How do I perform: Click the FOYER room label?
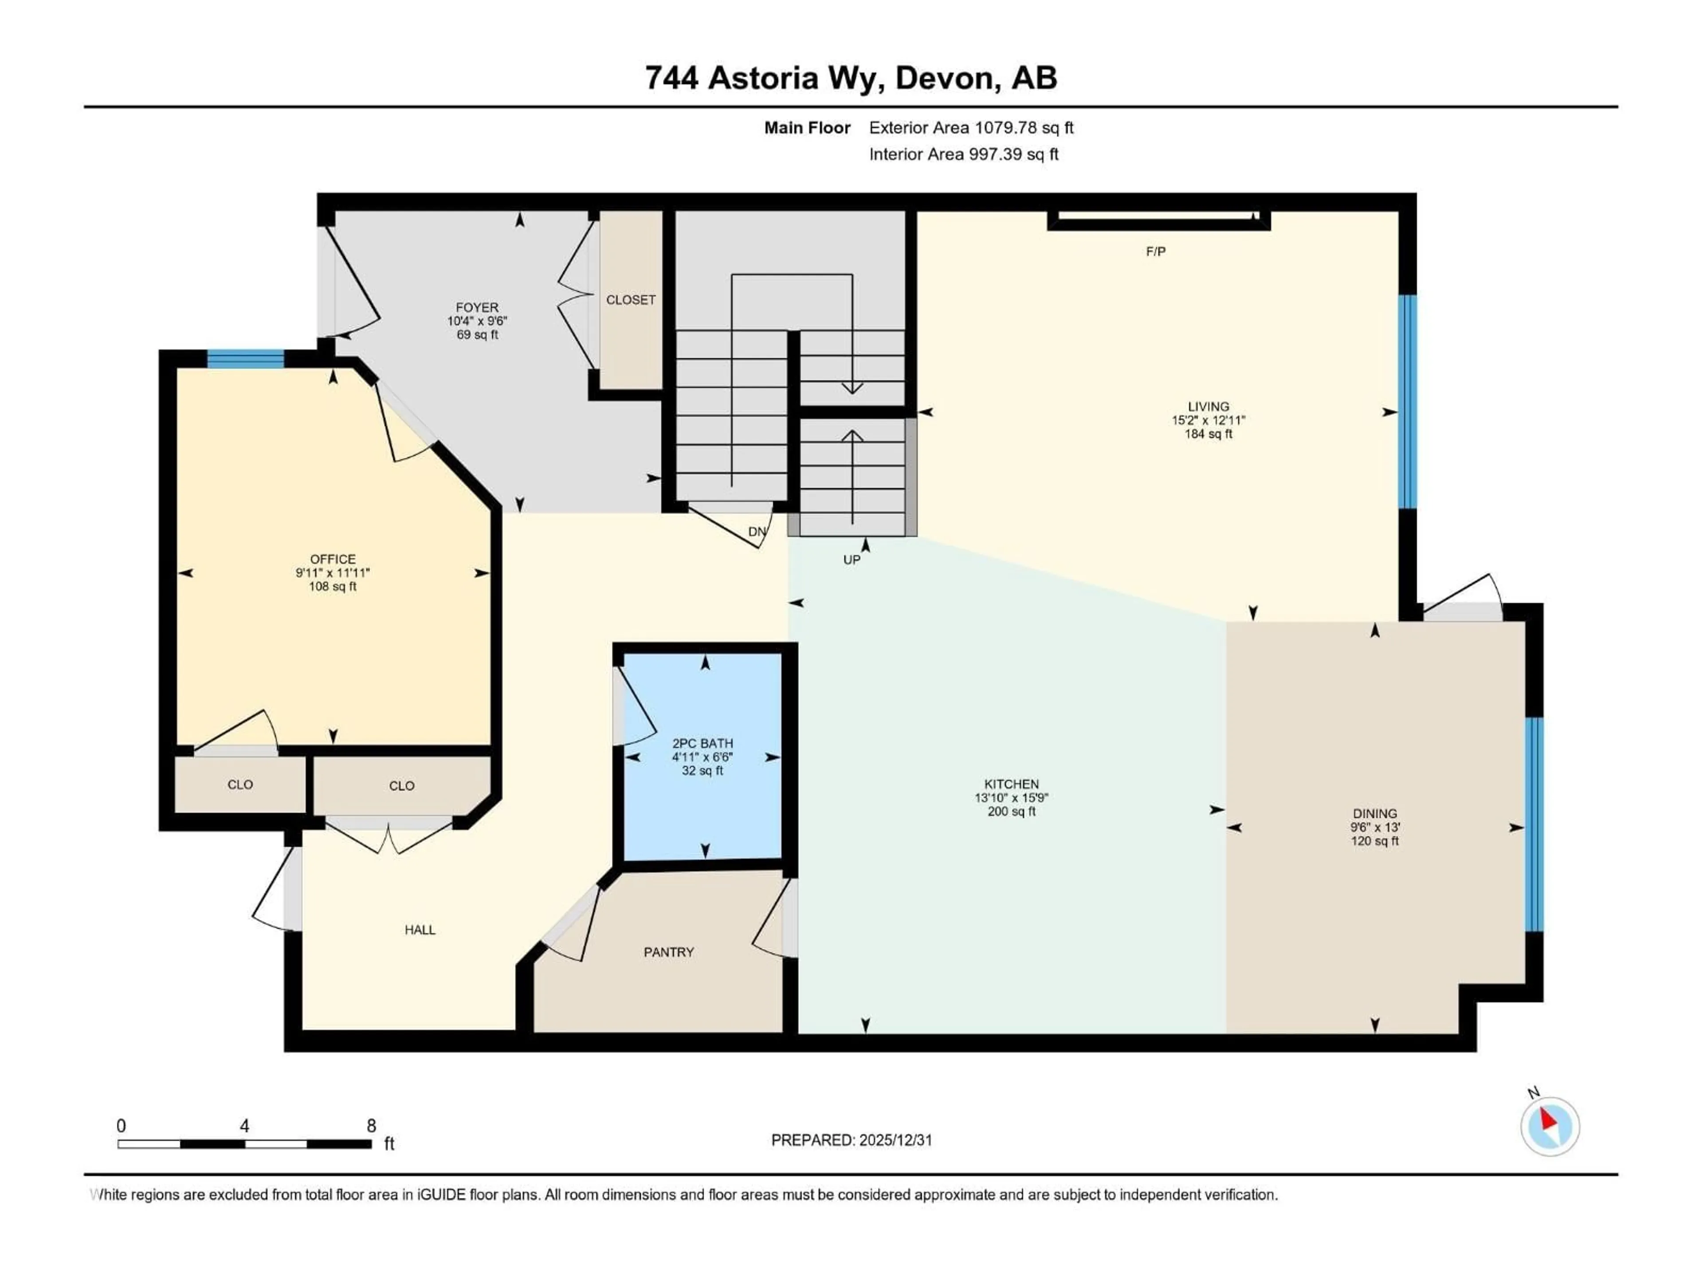477,308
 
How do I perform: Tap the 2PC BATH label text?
702,743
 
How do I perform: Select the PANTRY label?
668,952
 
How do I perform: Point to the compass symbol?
1550,1126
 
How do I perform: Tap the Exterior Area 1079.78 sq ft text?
971,128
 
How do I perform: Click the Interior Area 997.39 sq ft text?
963,154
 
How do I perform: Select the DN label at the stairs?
757,532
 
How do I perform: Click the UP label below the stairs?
851,560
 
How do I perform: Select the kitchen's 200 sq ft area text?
1011,811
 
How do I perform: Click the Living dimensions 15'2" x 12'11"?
1208,421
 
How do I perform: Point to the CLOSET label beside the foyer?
631,300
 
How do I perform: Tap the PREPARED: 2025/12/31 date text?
851,1140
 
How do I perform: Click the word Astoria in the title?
762,78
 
